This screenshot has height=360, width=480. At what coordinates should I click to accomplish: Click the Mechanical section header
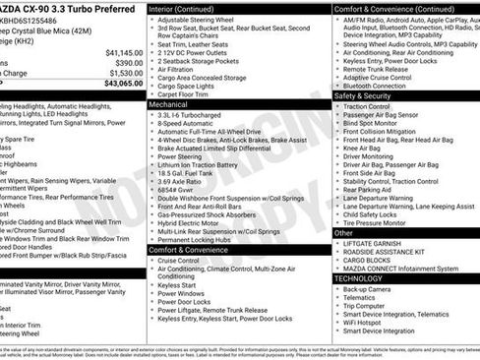pyautogui.click(x=168, y=102)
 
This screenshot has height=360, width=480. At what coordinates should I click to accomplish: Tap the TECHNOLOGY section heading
pyautogui.click(x=358, y=278)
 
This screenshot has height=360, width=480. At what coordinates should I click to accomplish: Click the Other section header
pyautogui.click(x=342, y=233)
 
